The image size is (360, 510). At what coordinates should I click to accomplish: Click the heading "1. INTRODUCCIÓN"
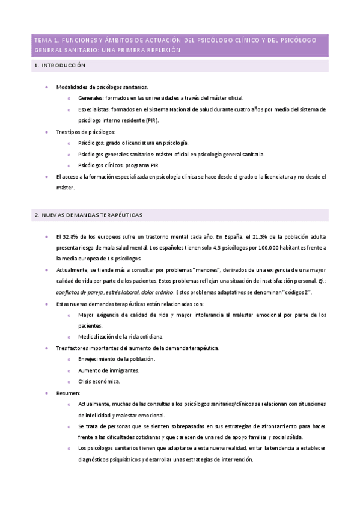click(60, 66)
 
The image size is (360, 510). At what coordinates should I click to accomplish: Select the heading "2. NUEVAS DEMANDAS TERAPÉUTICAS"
click(88, 215)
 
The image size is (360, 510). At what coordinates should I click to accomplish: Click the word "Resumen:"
click(69, 393)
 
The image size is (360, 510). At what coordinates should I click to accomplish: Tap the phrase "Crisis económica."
click(99, 381)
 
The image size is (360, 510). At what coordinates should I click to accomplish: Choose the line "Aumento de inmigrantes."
click(108, 370)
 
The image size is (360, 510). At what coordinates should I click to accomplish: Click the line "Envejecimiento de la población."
click(117, 359)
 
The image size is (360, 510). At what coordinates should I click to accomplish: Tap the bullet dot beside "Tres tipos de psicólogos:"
click(47, 131)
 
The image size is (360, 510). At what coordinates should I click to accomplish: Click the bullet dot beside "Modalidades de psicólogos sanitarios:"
click(47, 87)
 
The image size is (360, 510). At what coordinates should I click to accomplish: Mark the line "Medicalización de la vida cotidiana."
click(121, 337)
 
